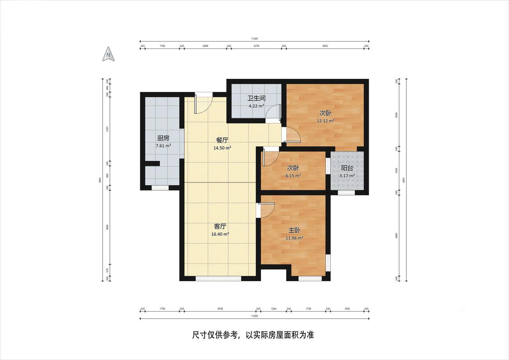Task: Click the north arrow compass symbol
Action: tap(109, 54)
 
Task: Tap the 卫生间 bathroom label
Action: tap(256, 98)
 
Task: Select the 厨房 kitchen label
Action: tap(163, 138)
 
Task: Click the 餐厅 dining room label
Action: tap(222, 140)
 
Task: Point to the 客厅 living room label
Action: tap(220, 226)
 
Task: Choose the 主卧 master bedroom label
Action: tap(295, 230)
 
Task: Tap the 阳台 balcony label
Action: tap(347, 168)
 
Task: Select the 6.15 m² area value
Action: tap(293, 176)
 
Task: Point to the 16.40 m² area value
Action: tap(220, 234)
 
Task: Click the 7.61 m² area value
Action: tap(163, 146)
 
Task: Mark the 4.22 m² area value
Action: tap(256, 106)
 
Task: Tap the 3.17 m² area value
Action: tap(347, 176)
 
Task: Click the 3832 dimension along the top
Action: tap(325, 46)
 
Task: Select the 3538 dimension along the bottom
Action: tap(220, 309)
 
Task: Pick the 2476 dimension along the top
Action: tap(256, 46)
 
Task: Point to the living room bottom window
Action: tap(218, 278)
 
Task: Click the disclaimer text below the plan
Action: tap(253, 336)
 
